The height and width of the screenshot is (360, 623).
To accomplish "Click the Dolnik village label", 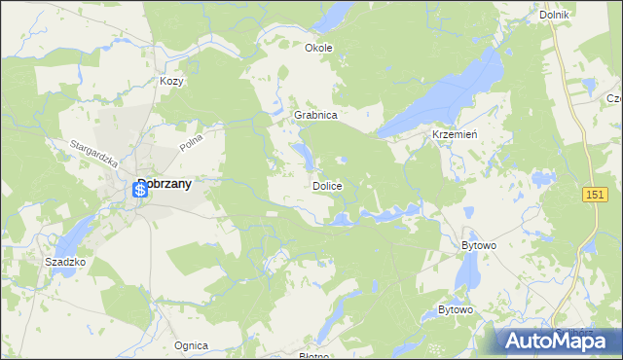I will click(x=553, y=16).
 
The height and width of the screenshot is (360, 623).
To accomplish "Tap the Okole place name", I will click(x=318, y=48).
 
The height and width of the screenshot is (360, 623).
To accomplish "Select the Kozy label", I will click(x=172, y=82).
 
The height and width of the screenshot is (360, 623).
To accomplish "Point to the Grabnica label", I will click(x=315, y=115).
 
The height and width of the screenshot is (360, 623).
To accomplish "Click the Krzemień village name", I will click(x=454, y=135).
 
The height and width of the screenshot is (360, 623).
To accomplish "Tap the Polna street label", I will click(x=190, y=144).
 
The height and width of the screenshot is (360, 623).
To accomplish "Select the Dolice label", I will click(x=326, y=185).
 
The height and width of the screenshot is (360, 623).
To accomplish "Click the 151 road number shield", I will click(x=596, y=196).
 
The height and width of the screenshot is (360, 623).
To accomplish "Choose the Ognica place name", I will click(x=191, y=345).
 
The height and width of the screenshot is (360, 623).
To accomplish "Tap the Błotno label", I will click(x=313, y=356).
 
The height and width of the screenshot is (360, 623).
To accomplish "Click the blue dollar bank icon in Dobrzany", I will click(x=140, y=191).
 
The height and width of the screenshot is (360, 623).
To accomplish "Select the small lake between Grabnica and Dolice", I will click(x=305, y=155).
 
